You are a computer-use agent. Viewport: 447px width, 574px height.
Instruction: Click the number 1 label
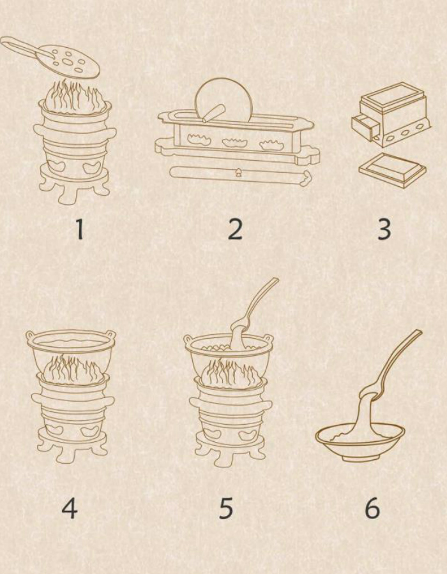(x=80, y=230)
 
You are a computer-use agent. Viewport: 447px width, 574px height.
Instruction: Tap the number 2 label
(x=235, y=230)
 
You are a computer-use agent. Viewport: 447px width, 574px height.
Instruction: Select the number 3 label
(x=384, y=230)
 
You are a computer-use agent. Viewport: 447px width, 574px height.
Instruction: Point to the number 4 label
(x=69, y=508)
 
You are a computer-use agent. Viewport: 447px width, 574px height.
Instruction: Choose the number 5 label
(x=225, y=508)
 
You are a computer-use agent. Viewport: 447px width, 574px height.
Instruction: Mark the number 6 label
(x=372, y=508)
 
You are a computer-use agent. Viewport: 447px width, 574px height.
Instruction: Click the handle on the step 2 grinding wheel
(x=214, y=113)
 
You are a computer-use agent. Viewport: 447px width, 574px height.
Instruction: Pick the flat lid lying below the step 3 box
(x=393, y=170)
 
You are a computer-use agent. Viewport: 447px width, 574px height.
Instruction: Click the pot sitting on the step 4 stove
(x=71, y=351)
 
